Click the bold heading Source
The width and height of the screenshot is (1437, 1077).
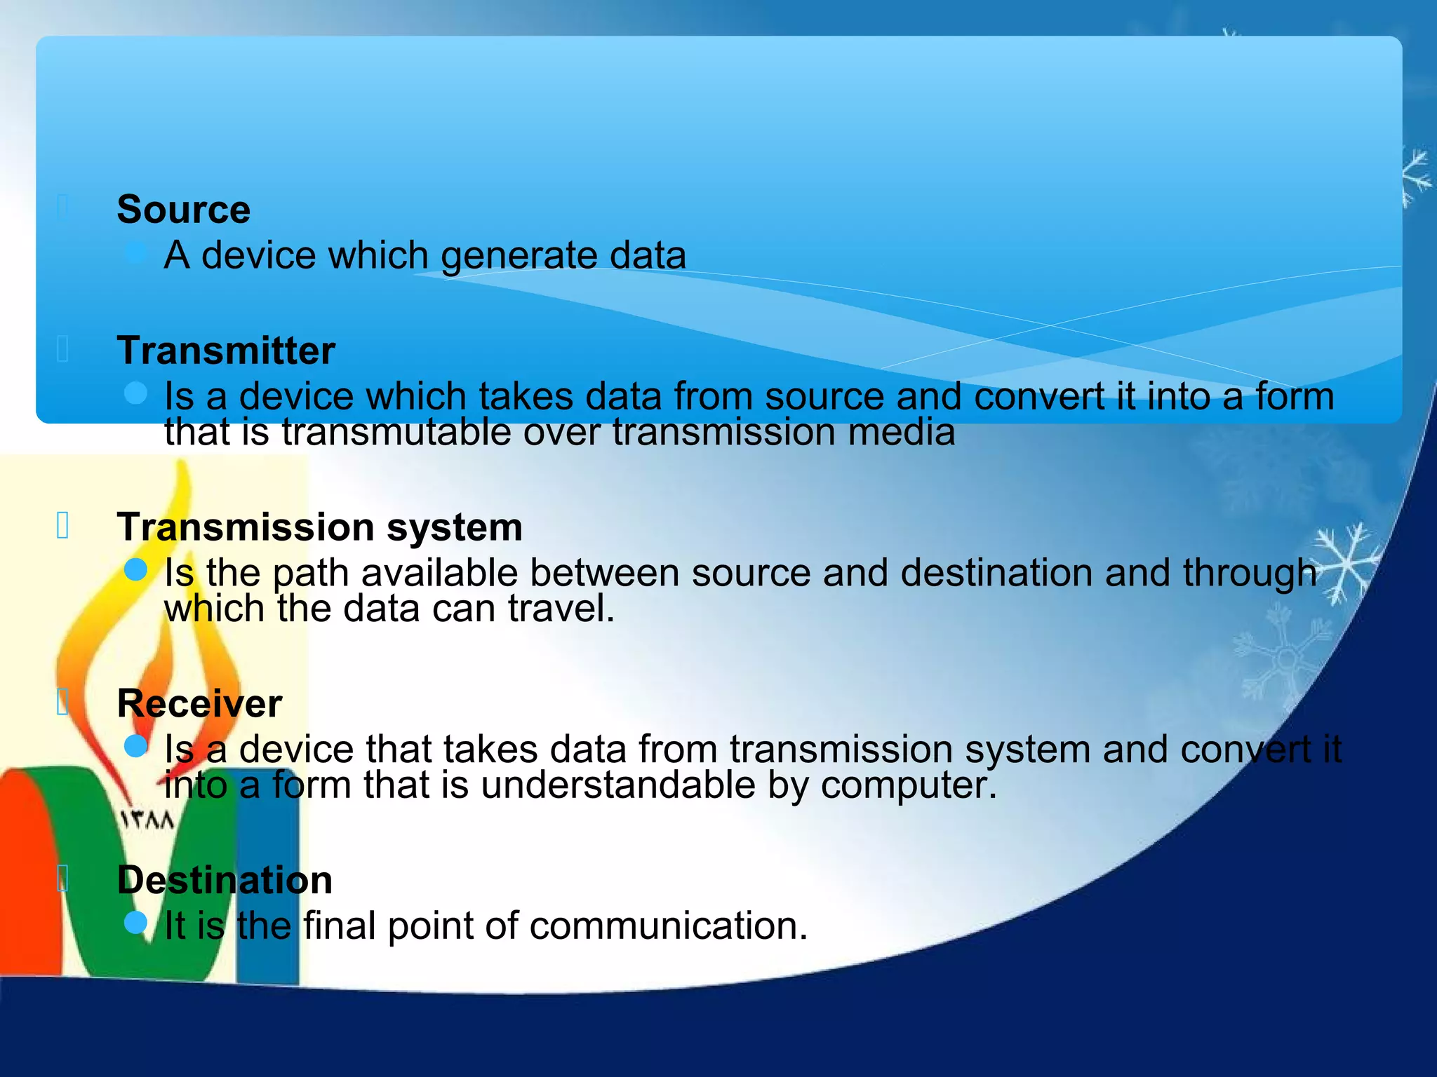(x=183, y=210)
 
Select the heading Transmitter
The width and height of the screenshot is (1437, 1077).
(x=226, y=351)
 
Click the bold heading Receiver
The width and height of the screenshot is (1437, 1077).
(x=199, y=703)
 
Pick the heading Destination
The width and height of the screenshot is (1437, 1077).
(x=225, y=880)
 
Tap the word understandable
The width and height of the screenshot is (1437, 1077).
(x=617, y=785)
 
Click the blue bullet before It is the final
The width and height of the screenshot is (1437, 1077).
(x=135, y=922)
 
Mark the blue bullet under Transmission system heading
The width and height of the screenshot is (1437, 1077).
(x=135, y=569)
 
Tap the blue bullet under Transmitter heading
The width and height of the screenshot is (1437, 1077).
(x=135, y=393)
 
